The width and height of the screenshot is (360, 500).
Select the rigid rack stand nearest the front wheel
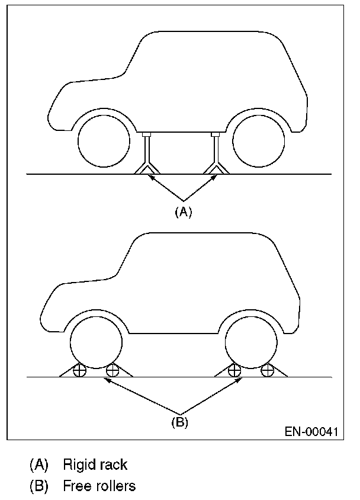[146, 155]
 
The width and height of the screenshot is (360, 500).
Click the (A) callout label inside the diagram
[184, 212]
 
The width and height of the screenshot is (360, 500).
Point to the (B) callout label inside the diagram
[179, 422]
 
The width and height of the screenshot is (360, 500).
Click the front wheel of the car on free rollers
[96, 342]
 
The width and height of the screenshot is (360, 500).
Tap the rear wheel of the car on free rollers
[251, 342]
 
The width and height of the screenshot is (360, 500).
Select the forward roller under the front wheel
[78, 371]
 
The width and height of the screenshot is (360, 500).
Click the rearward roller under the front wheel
[112, 371]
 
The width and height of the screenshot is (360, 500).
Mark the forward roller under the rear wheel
[234, 371]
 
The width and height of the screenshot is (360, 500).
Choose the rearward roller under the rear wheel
[268, 371]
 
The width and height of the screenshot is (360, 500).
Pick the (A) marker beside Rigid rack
[39, 465]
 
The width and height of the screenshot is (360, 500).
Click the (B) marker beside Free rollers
[39, 486]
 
